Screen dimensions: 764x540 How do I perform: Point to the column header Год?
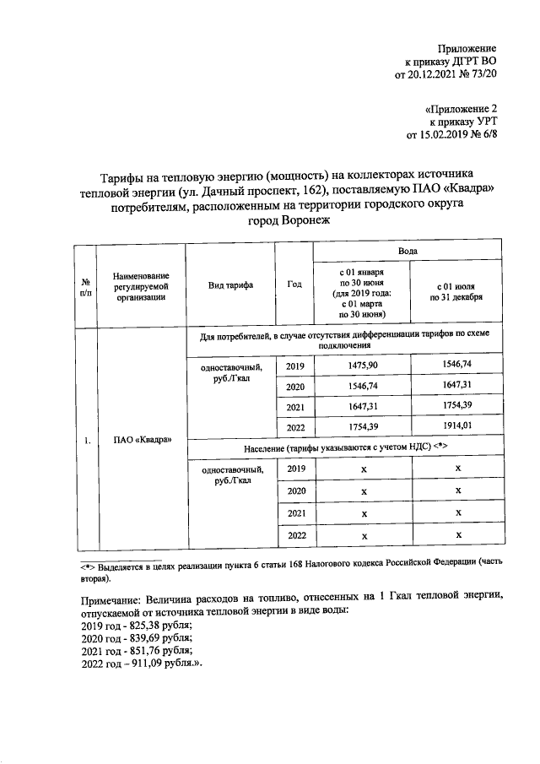tap(294, 284)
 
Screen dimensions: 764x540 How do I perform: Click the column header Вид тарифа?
tap(230, 285)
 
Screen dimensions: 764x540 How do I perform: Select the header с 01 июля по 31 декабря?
tap(456, 292)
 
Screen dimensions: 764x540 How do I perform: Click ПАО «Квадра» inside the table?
tap(141, 440)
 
